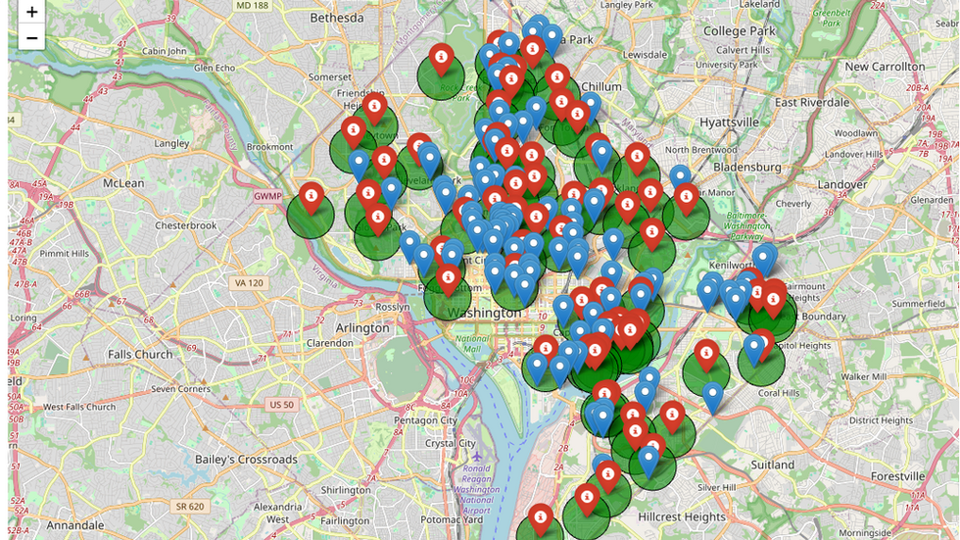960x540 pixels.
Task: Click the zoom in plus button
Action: pos(32,12)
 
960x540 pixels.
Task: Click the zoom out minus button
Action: pos(32,38)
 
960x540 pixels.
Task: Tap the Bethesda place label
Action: pos(336,18)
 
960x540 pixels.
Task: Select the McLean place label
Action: pos(123,183)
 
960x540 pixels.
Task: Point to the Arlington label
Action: pos(362,328)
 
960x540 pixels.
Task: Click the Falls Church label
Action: pos(140,355)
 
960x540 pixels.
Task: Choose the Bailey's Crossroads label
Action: pos(246,460)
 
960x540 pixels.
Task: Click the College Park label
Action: pos(739,31)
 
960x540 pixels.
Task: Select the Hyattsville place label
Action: pos(729,123)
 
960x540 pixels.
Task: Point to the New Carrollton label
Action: pos(884,67)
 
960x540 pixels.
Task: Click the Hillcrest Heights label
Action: pos(682,516)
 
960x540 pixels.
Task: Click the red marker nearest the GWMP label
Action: pos(311,197)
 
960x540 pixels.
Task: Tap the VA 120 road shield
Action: pos(249,283)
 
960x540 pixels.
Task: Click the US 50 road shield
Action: pos(282,405)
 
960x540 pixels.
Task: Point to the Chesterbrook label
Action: pos(185,225)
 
